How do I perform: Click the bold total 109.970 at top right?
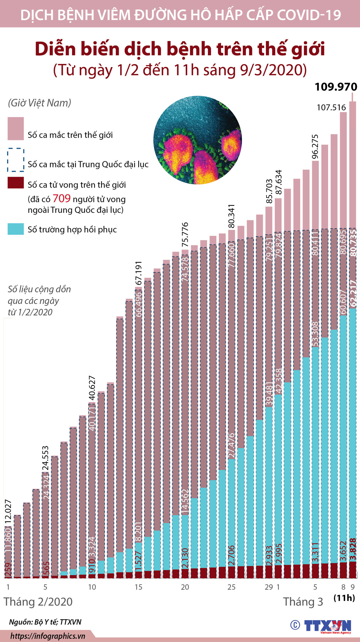coord(336,87)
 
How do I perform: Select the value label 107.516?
coord(331,108)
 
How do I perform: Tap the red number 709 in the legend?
coord(61,199)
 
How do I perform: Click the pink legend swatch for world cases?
coord(16,129)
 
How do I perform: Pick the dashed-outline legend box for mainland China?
coord(16,160)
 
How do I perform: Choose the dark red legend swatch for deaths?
coord(16,183)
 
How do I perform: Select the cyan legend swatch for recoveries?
coord(16,229)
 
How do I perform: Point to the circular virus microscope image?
coord(197,140)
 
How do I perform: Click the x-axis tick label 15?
coord(138,587)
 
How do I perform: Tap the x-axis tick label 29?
coord(269,587)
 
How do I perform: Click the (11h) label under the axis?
coord(344,598)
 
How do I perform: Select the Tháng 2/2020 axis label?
coord(38,602)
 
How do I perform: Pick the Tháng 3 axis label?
coord(303,602)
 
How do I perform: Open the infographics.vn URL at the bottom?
coord(48,636)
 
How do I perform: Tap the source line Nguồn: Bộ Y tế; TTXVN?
coord(45,622)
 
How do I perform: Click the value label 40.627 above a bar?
coord(92,388)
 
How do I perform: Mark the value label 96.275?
coord(315,147)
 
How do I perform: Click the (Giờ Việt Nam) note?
coord(39,103)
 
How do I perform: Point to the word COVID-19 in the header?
coord(309,15)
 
